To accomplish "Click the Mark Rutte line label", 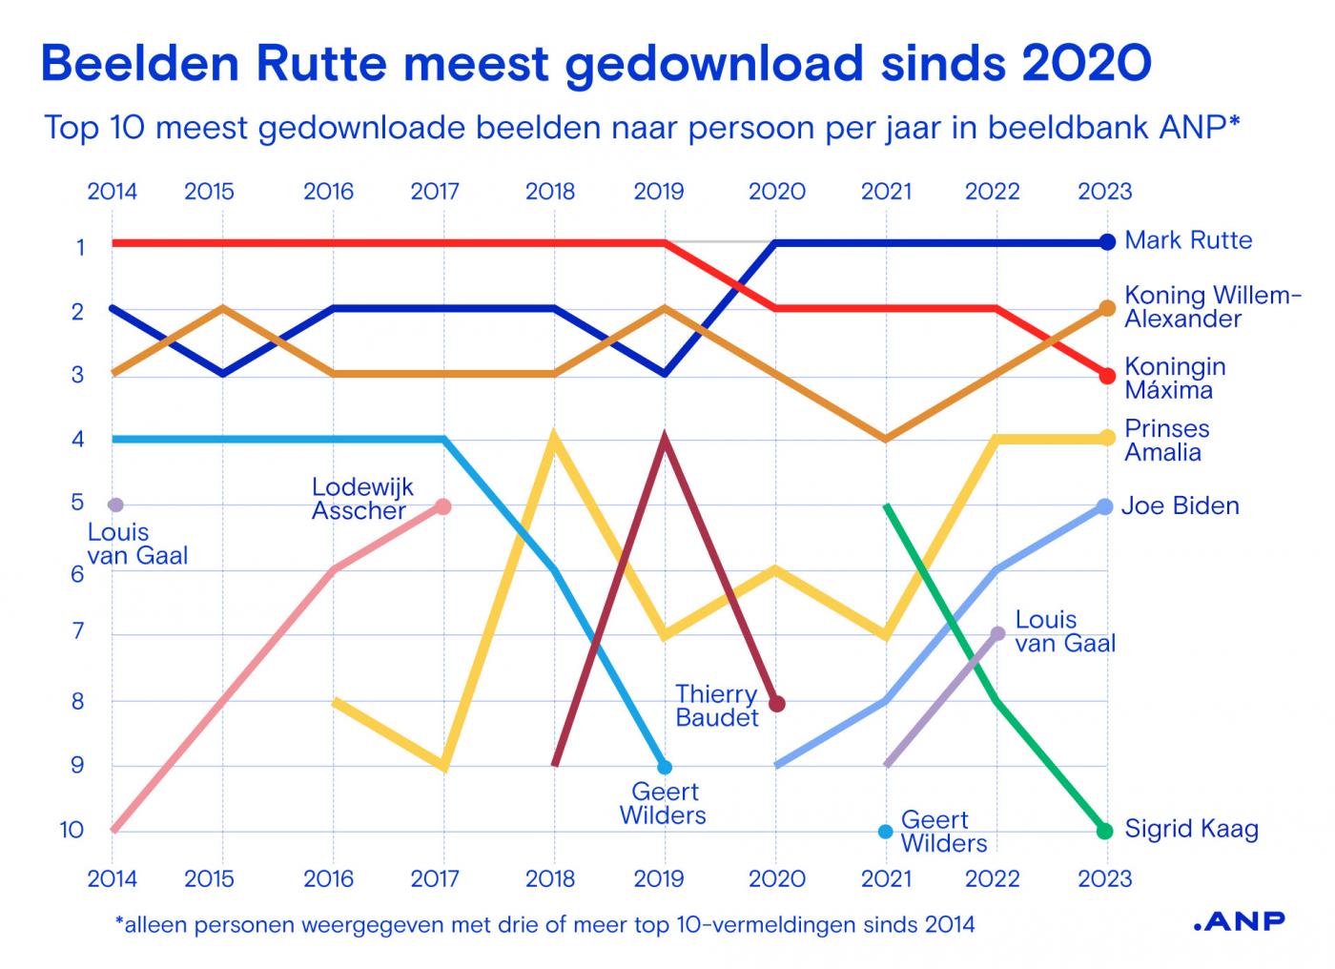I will point(1188,240).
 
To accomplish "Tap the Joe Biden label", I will point(1180,505).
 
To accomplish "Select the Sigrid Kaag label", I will point(1191,829).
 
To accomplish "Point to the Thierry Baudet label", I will point(716,706).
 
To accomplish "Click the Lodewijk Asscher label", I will point(362,499).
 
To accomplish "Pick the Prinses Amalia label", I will point(1166,440).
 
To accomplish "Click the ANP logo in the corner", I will point(1239,920).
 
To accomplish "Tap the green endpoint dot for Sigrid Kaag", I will point(1105,831).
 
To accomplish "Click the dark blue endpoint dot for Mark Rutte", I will point(1106,242).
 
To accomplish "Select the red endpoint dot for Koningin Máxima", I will point(1107,376).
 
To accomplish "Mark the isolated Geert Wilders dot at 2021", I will point(885,832).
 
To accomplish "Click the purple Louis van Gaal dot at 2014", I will point(116,505).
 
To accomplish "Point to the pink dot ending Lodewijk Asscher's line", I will point(443,506).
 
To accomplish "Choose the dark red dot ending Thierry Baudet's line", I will point(777,704).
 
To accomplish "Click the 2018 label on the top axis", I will point(550,192).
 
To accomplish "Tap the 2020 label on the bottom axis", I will point(776,878).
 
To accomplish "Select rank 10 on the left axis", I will point(72,830).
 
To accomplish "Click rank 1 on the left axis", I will point(81,248).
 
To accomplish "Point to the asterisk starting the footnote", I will point(119,921).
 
